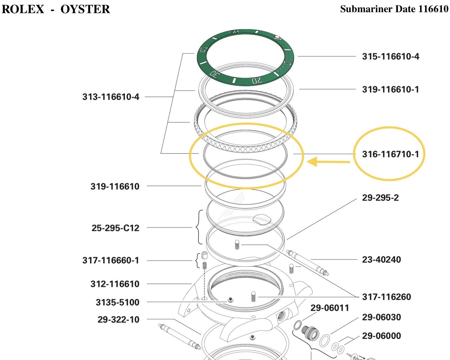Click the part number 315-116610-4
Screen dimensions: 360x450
(390, 57)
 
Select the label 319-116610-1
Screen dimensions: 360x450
(390, 89)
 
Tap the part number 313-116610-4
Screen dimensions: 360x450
(111, 97)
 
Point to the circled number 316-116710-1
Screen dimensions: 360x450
(390, 154)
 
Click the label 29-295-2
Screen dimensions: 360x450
(380, 198)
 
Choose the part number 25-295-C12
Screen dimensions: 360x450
(115, 228)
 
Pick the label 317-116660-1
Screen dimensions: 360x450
(111, 260)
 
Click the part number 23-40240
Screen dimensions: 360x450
(381, 260)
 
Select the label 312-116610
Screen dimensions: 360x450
(115, 284)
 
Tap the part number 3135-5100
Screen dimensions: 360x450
(118, 302)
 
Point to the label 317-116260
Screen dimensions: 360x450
(386, 297)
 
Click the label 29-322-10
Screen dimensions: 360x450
(118, 320)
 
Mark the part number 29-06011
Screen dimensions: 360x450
(330, 308)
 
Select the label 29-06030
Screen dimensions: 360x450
(381, 317)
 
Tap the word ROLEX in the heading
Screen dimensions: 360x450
(23, 9)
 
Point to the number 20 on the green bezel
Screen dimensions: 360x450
(256, 81)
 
